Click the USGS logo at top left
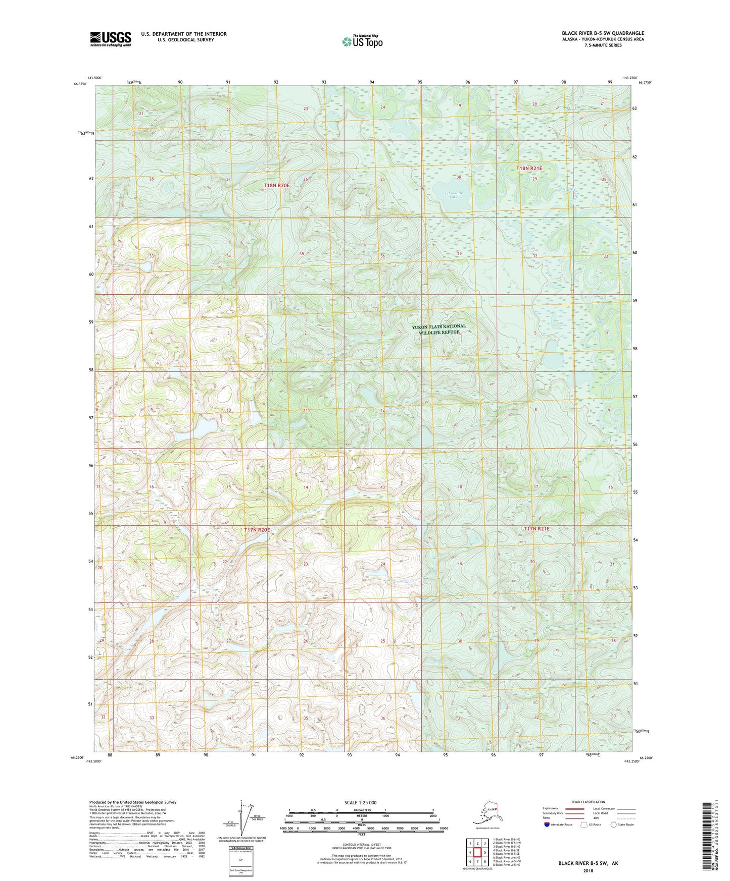[x=111, y=39]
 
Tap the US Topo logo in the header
[x=362, y=41]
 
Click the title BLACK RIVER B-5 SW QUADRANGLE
[x=603, y=33]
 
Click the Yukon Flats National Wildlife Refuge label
[x=438, y=329]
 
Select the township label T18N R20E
[x=276, y=186]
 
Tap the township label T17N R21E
[x=536, y=529]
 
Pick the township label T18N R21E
[x=529, y=168]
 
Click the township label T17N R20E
[x=257, y=530]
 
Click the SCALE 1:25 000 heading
[x=361, y=802]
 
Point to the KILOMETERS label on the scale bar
[x=361, y=810]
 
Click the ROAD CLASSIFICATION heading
[x=588, y=802]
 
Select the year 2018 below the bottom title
[x=588, y=870]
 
